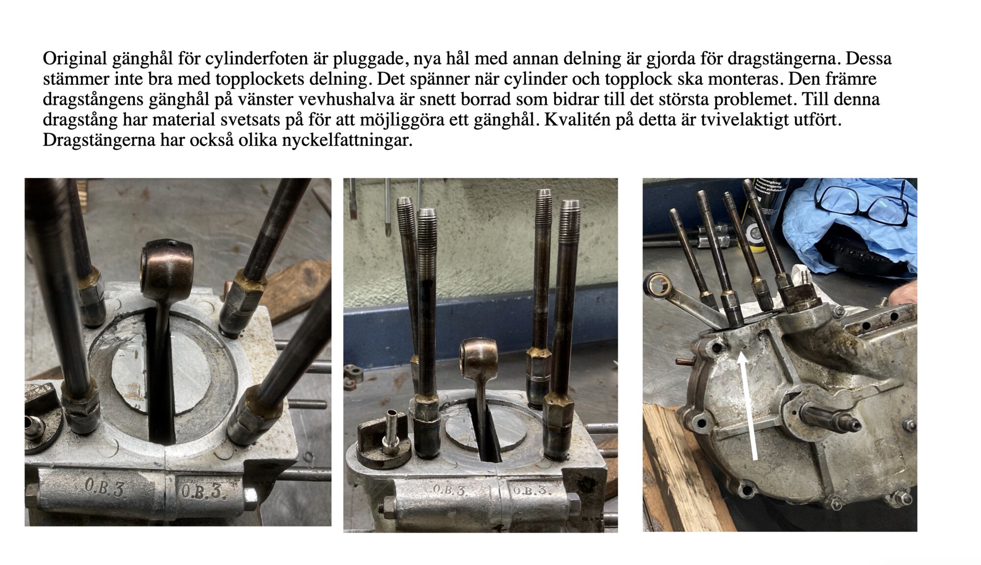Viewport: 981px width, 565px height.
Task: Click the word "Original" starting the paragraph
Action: tap(75, 59)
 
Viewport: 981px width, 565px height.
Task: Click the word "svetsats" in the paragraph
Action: tap(252, 120)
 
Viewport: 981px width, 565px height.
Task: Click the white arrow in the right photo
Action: tap(749, 407)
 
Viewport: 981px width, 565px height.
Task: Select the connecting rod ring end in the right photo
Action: tap(657, 287)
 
